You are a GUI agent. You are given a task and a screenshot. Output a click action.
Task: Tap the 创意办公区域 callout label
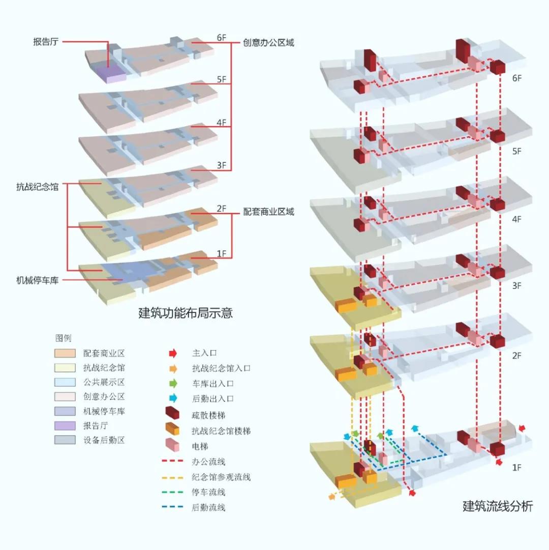point(268,43)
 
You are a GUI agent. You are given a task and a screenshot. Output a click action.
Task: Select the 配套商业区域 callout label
point(268,212)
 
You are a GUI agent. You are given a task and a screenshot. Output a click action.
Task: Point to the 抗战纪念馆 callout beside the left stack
point(37,187)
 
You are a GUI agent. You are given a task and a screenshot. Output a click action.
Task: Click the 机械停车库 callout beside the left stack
point(37,279)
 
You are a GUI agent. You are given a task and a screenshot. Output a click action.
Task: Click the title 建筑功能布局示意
point(185,312)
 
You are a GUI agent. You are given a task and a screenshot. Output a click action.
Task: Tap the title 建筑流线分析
point(498,506)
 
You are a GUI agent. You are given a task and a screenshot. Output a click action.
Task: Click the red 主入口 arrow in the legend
point(173,352)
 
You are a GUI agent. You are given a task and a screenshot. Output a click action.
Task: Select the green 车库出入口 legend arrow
point(173,383)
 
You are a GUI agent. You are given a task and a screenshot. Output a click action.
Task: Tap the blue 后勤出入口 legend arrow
point(173,398)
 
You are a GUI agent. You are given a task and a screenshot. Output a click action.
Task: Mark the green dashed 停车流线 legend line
point(173,492)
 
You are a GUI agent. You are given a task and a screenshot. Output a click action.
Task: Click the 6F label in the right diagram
point(517,78)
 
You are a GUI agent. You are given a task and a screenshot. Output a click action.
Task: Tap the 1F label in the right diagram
point(516,467)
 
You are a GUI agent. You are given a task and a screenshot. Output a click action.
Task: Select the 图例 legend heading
point(64,337)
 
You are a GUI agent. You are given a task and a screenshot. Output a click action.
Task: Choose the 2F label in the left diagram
point(221,208)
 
